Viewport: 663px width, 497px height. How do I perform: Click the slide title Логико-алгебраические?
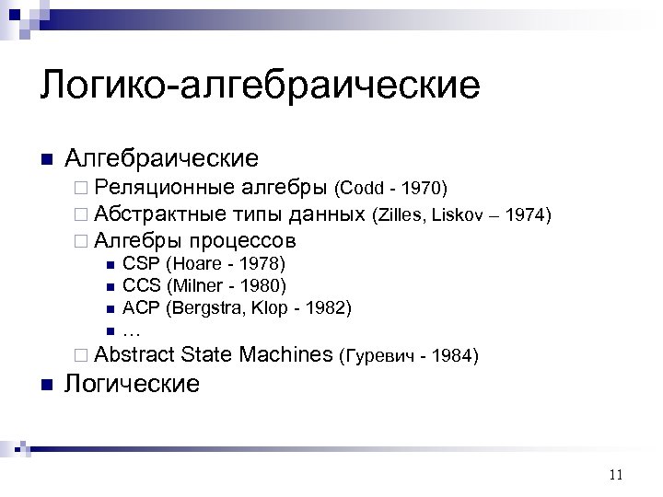click(x=260, y=87)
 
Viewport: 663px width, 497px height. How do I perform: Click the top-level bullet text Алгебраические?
click(x=161, y=158)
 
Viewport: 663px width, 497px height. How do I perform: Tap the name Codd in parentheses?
click(x=359, y=190)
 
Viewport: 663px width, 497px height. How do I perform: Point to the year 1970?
click(x=424, y=190)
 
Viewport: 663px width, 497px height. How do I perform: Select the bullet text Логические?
click(x=132, y=383)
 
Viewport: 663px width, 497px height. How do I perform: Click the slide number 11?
click(x=616, y=475)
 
